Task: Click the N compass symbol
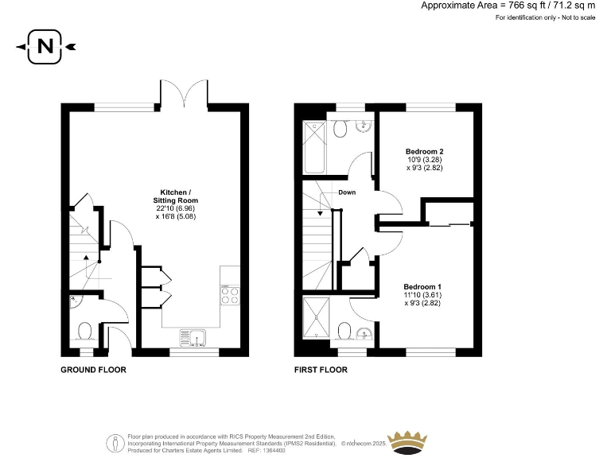[x=45, y=47]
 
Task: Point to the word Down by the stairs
[x=347, y=192]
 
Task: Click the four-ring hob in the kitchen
[x=229, y=295]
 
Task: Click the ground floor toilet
[x=85, y=331]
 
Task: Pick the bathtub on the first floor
[x=313, y=148]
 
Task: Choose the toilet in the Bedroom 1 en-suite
[x=344, y=330]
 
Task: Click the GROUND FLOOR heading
[x=93, y=370]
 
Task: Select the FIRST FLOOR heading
[x=320, y=370]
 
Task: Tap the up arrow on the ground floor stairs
[x=84, y=258]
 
